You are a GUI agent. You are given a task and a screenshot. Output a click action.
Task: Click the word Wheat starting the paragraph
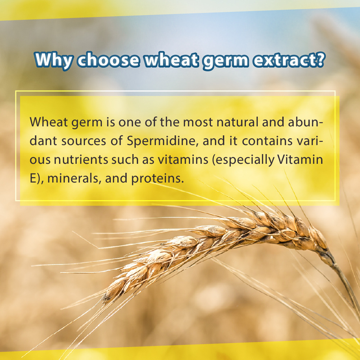pos(46,122)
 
